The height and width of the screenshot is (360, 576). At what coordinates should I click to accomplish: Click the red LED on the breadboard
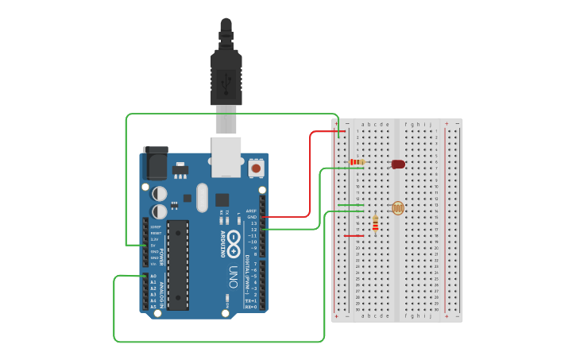[x=398, y=165]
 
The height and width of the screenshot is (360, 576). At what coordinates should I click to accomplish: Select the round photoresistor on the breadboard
[x=397, y=208]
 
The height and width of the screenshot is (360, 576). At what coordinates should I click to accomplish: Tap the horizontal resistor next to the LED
[x=358, y=162]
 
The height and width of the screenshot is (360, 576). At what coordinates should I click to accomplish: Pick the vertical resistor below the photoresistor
[x=375, y=223]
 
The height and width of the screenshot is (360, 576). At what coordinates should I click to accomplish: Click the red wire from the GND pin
[x=309, y=175]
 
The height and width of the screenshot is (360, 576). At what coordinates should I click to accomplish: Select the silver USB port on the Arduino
[x=226, y=157]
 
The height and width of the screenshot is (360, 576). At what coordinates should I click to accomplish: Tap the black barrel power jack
[x=154, y=165]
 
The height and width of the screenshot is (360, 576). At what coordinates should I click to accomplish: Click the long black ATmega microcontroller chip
[x=178, y=265]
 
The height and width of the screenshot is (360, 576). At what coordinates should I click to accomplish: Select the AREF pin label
[x=251, y=211]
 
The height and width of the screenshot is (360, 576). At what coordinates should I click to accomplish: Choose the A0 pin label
[x=153, y=276]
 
